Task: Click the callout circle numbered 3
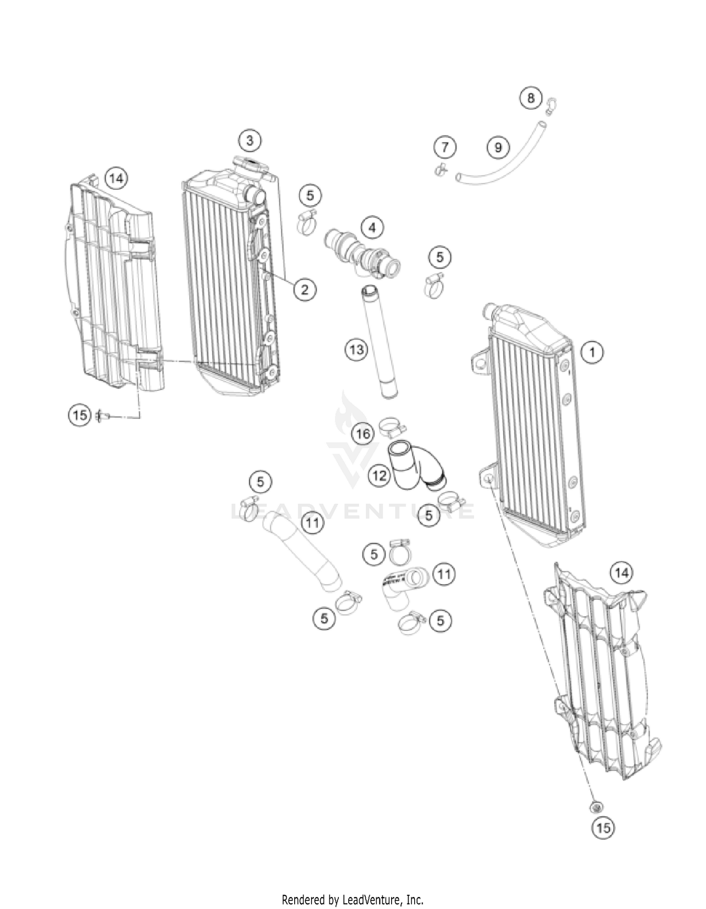[250, 140]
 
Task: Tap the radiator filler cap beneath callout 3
[250, 166]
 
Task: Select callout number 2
[305, 289]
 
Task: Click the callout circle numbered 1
[593, 352]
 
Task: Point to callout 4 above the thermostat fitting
[372, 228]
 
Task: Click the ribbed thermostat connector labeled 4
[362, 254]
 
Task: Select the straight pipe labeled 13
[379, 344]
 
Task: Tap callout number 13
[356, 350]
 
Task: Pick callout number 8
[531, 98]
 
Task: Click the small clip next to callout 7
[441, 169]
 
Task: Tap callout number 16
[363, 434]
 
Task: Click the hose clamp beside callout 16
[392, 425]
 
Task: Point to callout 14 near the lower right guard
[621, 573]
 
